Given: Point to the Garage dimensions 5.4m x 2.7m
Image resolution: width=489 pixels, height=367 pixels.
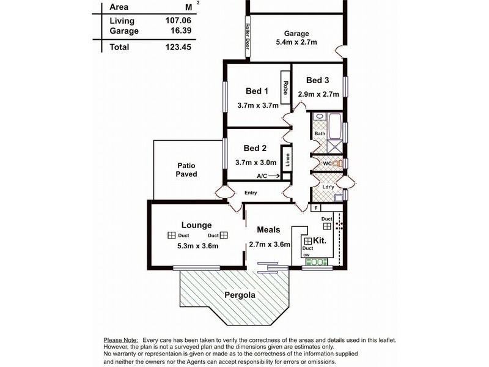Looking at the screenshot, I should [296, 44].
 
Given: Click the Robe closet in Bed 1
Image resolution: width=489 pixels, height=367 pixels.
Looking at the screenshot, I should [285, 86].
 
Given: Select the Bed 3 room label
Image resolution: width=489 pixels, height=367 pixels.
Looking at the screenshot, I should [318, 80].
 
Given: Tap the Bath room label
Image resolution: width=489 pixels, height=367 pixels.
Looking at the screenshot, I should [320, 134].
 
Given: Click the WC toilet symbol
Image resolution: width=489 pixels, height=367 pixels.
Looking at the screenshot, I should [336, 163].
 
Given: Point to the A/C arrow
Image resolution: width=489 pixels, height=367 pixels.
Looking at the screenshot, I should [273, 176].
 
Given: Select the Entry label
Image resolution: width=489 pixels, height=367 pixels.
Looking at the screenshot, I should [251, 193].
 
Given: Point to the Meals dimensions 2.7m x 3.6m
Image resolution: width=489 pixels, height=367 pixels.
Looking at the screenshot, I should [269, 245].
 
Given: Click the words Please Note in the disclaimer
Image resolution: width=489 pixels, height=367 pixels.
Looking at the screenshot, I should [120, 339].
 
